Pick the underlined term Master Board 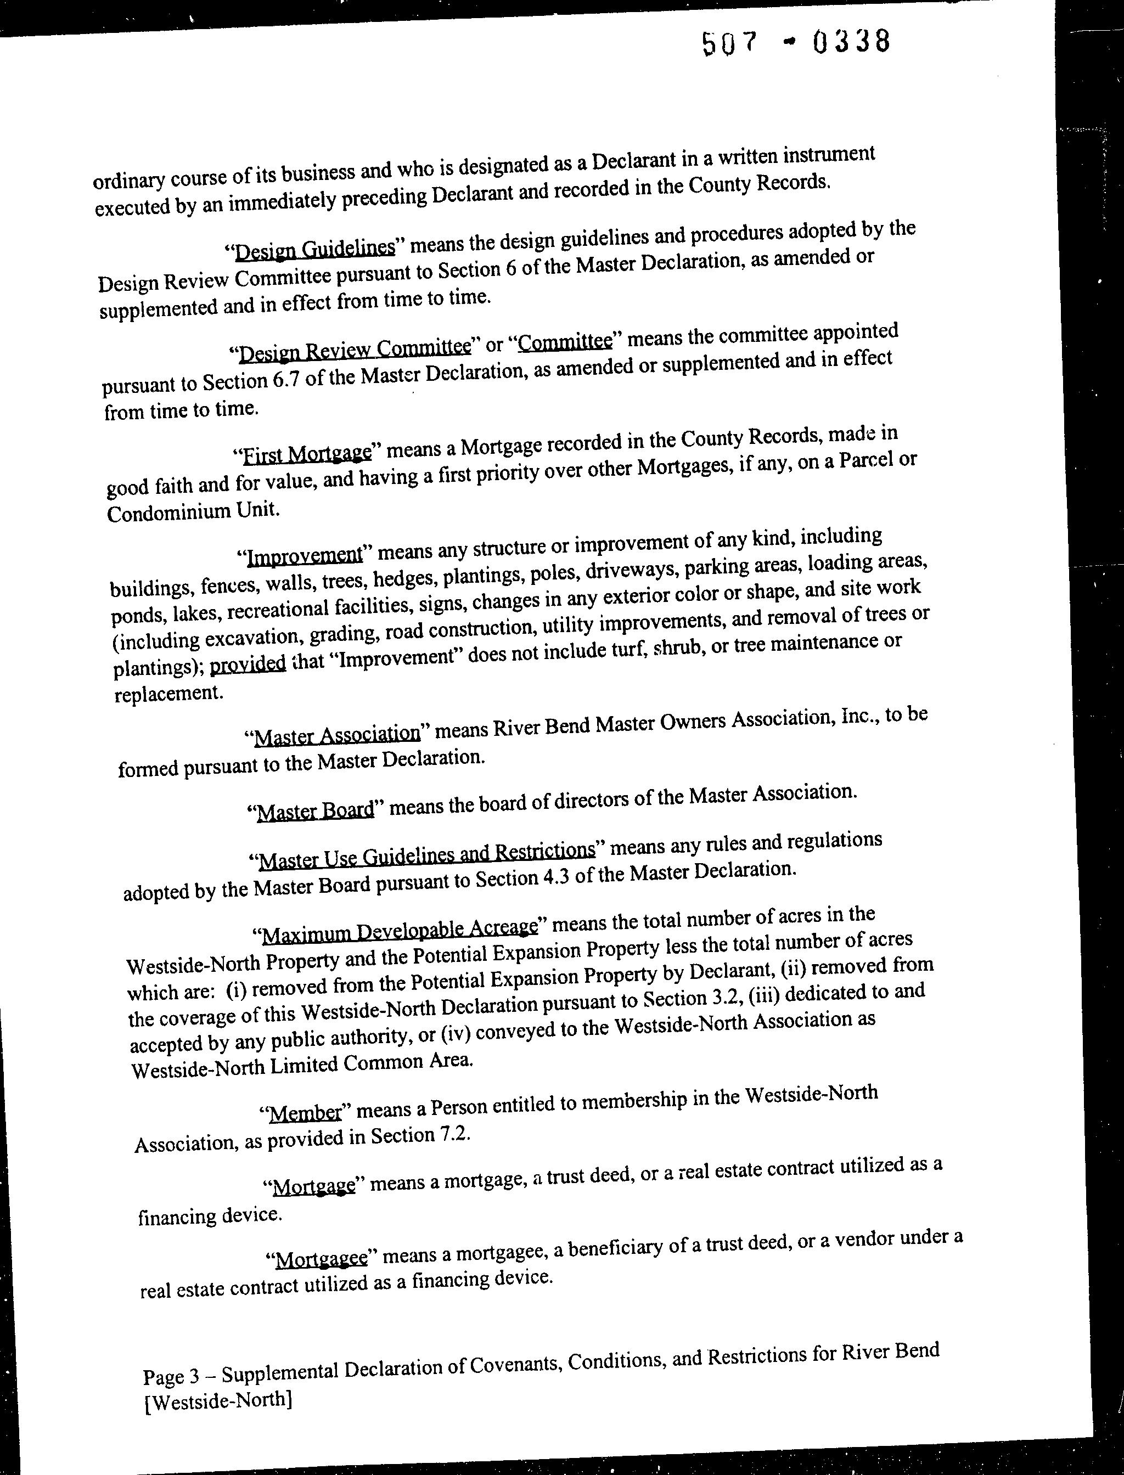[x=315, y=810]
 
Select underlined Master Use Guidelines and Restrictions [x=426, y=854]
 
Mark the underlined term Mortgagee [x=321, y=1258]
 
